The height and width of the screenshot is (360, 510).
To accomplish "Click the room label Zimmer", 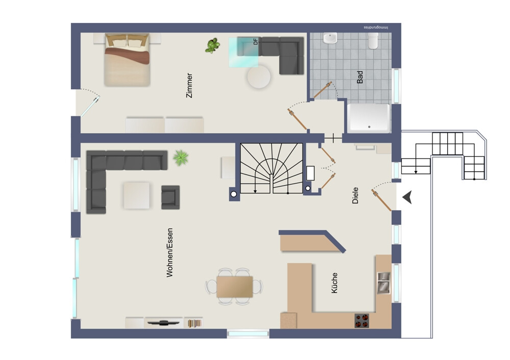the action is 189,85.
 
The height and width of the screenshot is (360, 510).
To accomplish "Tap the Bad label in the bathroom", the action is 360,77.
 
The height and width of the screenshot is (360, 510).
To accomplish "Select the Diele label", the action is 355,195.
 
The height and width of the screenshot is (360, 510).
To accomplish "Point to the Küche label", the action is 335,283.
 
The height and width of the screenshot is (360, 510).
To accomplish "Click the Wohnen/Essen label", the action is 169,253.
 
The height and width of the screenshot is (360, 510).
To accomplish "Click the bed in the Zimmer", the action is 127,60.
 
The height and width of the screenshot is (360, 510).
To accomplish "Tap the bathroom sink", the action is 330,38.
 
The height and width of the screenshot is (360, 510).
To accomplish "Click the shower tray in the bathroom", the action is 369,118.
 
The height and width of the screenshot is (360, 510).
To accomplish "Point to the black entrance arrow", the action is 407,197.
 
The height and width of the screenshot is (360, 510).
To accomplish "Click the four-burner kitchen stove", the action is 362,320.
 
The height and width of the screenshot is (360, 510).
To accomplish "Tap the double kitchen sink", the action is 384,282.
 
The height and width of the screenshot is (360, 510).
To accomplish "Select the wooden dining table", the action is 235,287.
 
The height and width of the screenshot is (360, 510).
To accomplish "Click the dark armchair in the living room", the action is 170,197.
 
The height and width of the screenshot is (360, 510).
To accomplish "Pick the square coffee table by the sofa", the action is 137,195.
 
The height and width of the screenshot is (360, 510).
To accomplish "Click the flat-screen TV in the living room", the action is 164,323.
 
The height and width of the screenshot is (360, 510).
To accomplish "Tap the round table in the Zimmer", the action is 259,77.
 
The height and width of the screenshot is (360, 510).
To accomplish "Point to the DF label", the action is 256,41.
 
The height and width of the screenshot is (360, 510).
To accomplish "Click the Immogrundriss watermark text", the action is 376,28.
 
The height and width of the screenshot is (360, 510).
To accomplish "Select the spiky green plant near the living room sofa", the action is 181,158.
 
